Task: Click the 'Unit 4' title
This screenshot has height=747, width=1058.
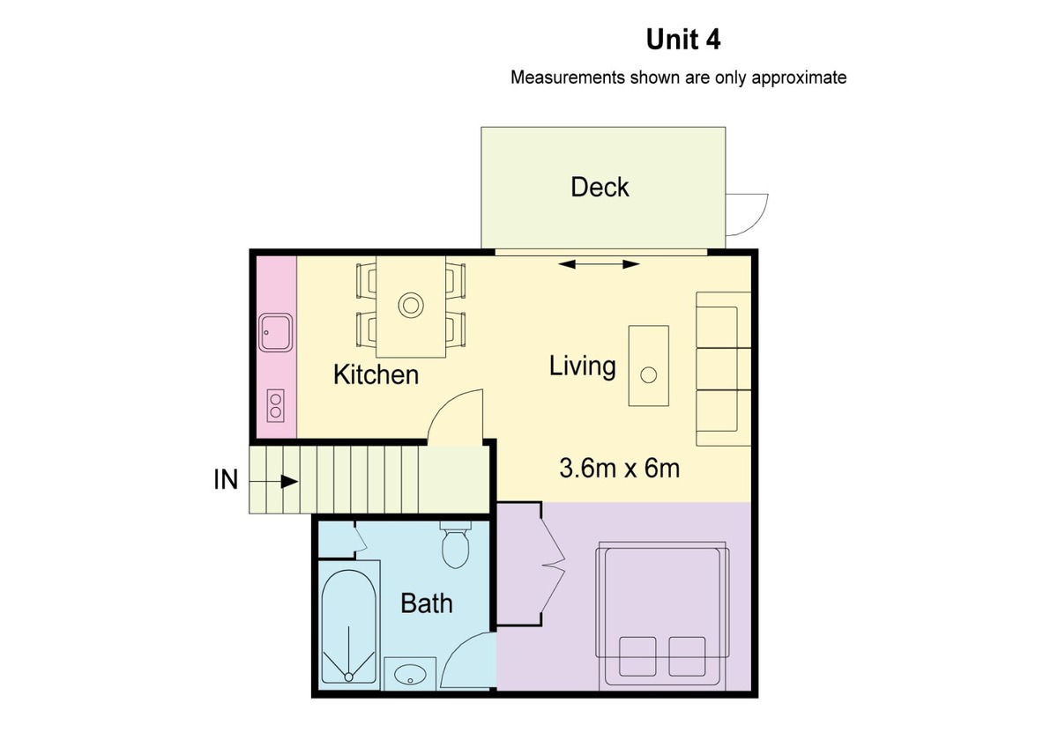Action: click(683, 40)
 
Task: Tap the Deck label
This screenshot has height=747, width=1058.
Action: click(600, 187)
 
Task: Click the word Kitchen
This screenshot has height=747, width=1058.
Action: click(376, 374)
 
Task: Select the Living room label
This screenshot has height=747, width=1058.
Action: click(583, 366)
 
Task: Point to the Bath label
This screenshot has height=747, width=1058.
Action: click(427, 603)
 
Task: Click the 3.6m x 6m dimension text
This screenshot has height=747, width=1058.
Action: click(620, 468)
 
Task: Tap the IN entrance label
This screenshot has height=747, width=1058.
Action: click(226, 480)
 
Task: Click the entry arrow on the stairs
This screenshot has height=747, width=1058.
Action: click(273, 482)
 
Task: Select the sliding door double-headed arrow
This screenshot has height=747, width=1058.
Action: click(599, 264)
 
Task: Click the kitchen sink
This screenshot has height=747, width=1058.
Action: click(275, 332)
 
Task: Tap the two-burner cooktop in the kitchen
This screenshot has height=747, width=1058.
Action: click(276, 405)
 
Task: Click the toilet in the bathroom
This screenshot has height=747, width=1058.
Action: click(455, 544)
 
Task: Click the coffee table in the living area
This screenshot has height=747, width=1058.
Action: click(649, 366)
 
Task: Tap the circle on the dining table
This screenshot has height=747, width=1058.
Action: click(411, 305)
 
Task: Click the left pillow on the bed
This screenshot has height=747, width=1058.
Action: click(637, 656)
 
